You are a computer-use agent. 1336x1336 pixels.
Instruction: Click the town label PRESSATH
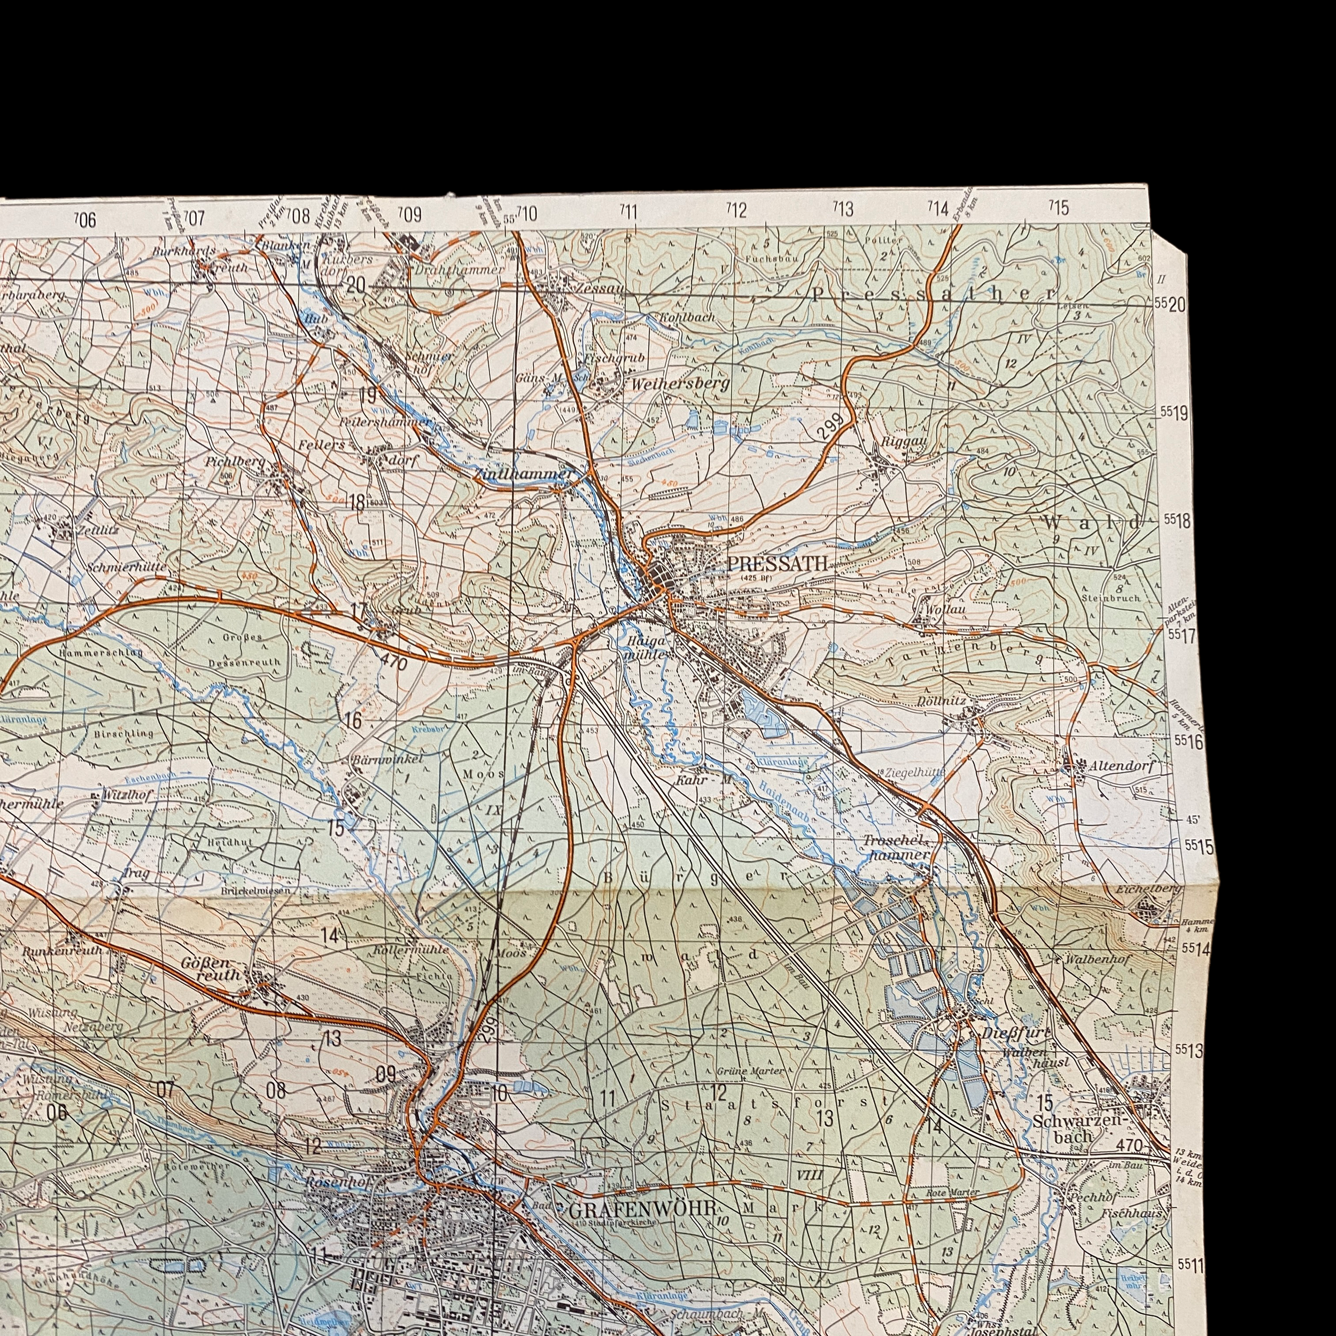pos(776,564)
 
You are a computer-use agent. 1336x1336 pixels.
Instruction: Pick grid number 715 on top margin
pos(1058,207)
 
